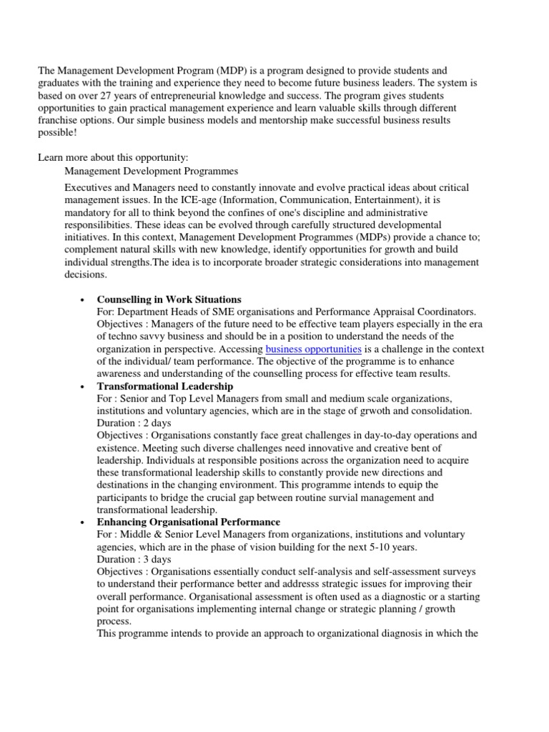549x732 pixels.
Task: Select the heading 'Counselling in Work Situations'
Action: tap(169, 299)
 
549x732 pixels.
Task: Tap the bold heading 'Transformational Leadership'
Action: tap(164, 386)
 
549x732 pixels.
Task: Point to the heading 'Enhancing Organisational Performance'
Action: tap(189, 523)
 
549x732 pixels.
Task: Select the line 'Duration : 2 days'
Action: tap(134, 423)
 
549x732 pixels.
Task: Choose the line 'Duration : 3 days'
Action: tap(134, 560)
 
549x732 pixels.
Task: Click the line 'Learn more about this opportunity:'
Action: tap(113, 157)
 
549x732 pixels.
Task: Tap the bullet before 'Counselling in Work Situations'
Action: tap(83, 300)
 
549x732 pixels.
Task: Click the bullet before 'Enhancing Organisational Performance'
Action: tap(83, 523)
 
